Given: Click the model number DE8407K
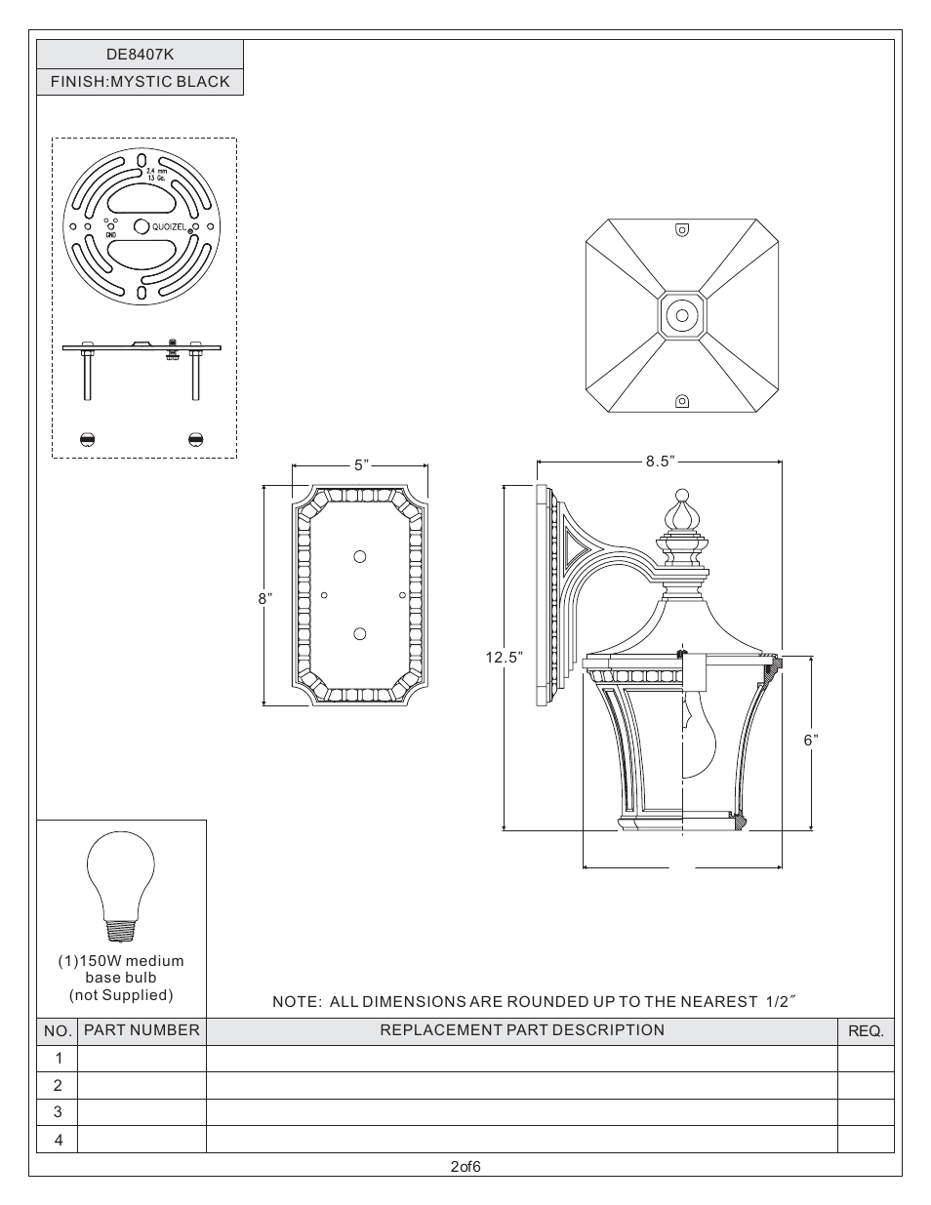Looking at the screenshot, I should coord(140,55).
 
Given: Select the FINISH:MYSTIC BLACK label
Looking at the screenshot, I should coord(140,82).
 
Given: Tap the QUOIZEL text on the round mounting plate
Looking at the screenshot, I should coord(168,226).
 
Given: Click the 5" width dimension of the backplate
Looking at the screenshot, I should coord(360,465).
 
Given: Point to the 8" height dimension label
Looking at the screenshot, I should coord(263,598).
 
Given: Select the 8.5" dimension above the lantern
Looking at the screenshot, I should coord(660,461).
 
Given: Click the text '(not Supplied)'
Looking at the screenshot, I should coord(121,994).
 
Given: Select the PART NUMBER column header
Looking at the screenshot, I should coord(142,1030).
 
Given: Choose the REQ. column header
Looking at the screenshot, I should coord(865,1031).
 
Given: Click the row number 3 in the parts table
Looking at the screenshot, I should coord(58,1111).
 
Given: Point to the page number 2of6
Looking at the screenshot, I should coord(465,1166).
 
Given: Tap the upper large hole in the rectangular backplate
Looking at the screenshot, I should coord(360,556).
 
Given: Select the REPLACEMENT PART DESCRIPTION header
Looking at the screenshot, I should coord(521,1030).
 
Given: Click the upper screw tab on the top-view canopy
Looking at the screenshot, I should coord(682,230).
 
